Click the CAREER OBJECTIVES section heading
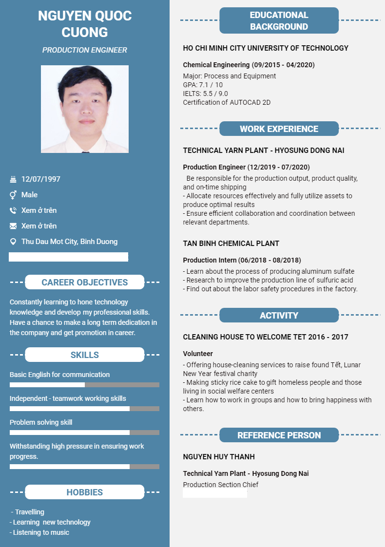click(84, 282)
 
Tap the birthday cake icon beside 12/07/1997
click(13, 179)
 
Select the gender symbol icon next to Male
click(13, 195)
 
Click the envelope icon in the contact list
click(13, 226)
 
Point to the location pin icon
click(13, 242)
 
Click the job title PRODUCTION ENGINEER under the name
click(84, 50)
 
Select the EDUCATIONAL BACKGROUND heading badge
click(279, 20)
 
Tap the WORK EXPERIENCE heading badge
click(279, 129)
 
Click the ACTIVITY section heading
click(279, 316)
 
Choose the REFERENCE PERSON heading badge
click(279, 435)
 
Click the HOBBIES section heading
click(84, 492)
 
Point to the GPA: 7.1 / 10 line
click(203, 85)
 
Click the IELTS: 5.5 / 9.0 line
click(205, 94)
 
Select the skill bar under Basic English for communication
click(84, 385)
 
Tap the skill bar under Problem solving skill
click(84, 433)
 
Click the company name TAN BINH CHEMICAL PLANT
click(231, 243)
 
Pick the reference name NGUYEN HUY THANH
click(219, 457)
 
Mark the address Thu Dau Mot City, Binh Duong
click(69, 242)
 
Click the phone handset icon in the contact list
click(13, 210)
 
